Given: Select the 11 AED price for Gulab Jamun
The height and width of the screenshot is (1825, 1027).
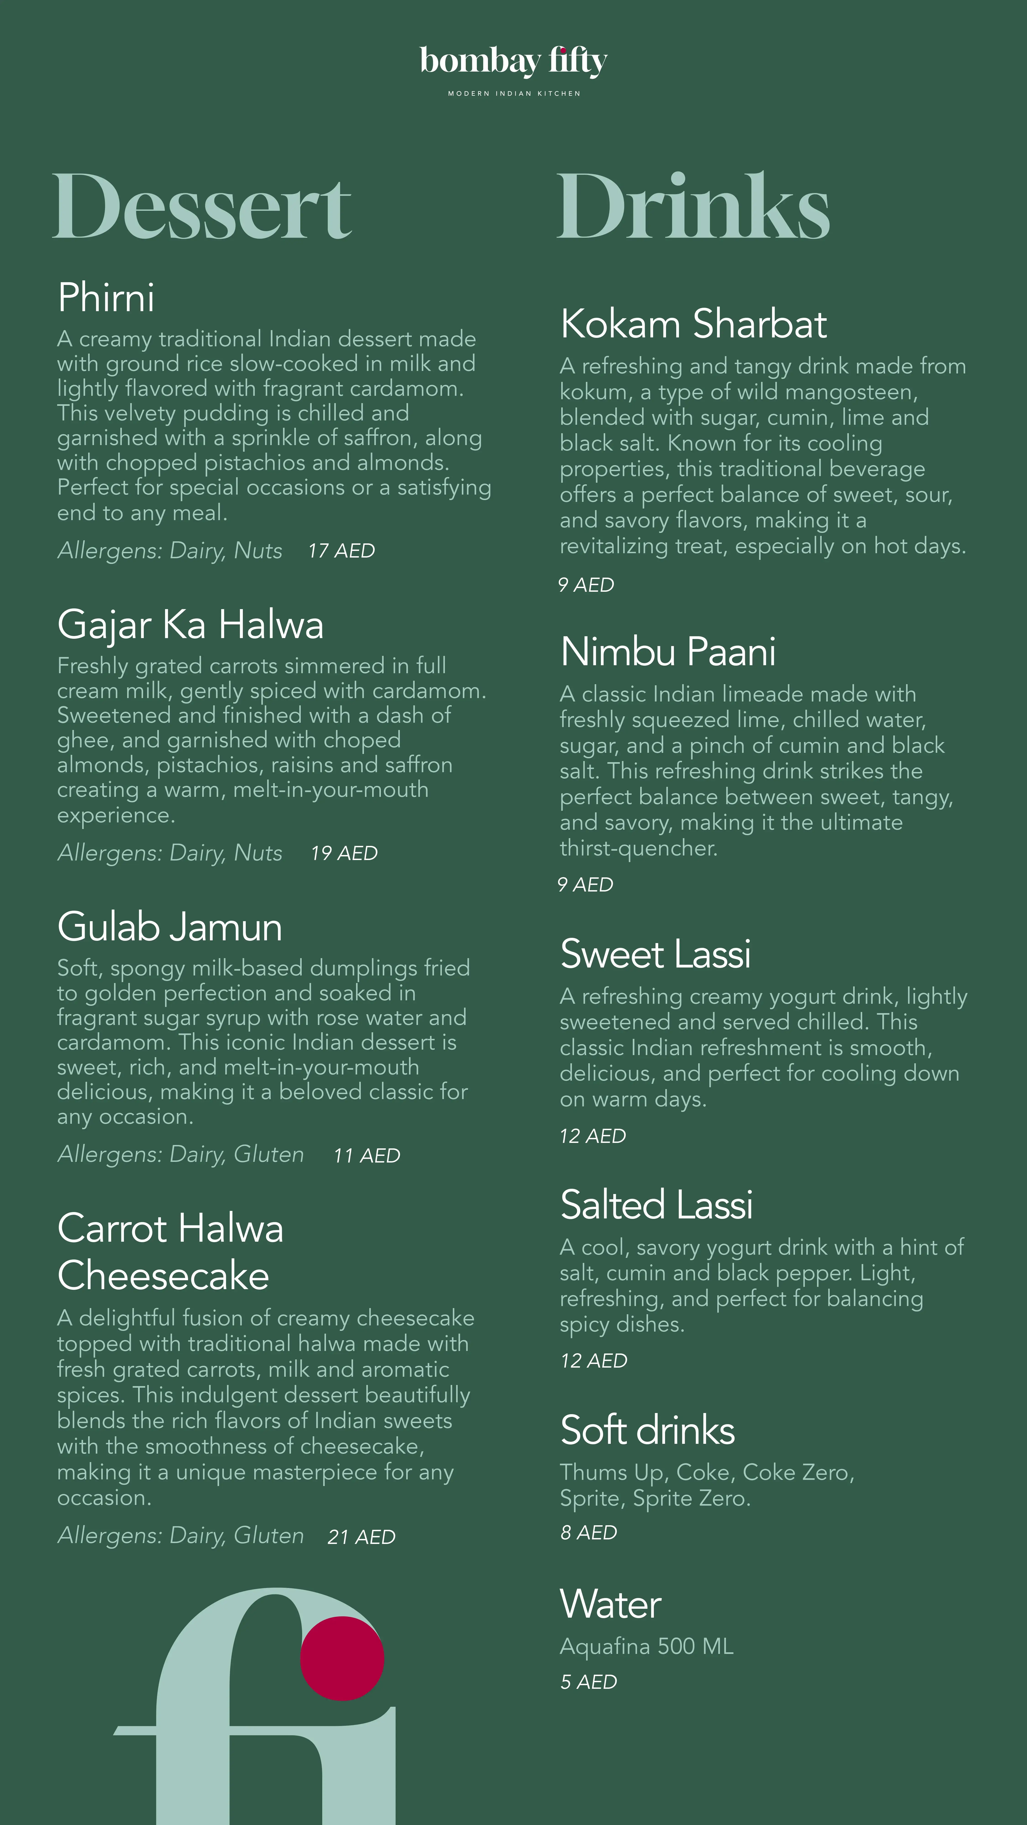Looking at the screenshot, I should [367, 1155].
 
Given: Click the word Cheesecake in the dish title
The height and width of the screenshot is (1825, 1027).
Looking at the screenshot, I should [163, 1276].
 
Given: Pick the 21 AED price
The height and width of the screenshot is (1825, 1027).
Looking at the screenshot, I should [362, 1537].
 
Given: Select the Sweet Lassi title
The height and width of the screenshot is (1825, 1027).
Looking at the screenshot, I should [655, 954].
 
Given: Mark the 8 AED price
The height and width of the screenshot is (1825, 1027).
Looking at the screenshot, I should [588, 1532].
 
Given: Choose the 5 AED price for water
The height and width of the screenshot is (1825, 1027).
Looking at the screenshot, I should [588, 1682].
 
